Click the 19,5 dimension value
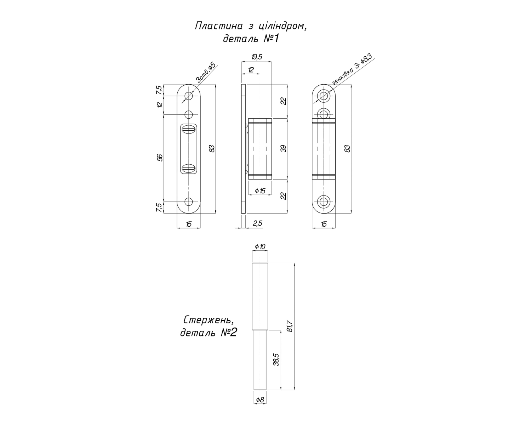pyautogui.click(x=257, y=57)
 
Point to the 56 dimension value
pyautogui.click(x=160, y=158)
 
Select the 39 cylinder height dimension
pyautogui.click(x=284, y=149)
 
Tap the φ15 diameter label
pyautogui.click(x=260, y=191)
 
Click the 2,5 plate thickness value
pyautogui.click(x=257, y=223)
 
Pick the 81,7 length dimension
pyautogui.click(x=290, y=326)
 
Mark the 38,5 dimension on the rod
pyautogui.click(x=276, y=359)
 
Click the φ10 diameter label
pyautogui.click(x=260, y=246)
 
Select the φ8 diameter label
pyautogui.click(x=260, y=407)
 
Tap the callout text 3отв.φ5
pyautogui.click(x=206, y=73)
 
